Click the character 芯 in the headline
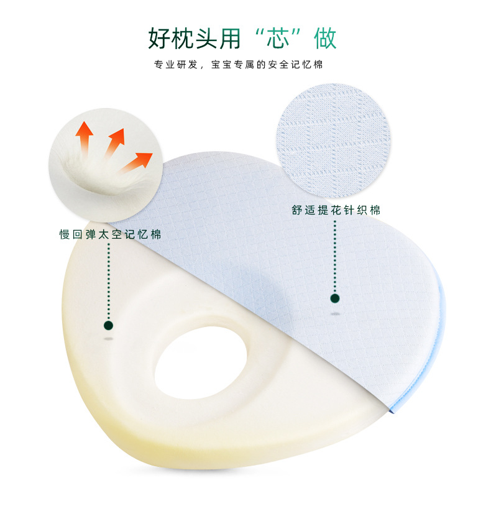point(277,39)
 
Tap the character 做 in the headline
point(325,39)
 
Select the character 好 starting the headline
point(159,39)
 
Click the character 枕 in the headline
point(183,39)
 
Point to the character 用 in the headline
point(231,39)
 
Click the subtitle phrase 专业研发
point(175,65)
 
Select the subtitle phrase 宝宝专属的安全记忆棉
point(267,65)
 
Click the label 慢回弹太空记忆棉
point(110,234)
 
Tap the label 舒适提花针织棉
point(336,210)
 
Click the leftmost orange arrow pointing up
point(84,139)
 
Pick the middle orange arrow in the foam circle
point(115,142)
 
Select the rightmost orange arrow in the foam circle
point(135,162)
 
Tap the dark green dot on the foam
point(108,325)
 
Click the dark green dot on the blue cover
point(335,298)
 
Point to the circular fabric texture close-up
point(333,140)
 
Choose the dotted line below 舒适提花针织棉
point(335,257)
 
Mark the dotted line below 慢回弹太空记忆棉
point(108,282)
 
